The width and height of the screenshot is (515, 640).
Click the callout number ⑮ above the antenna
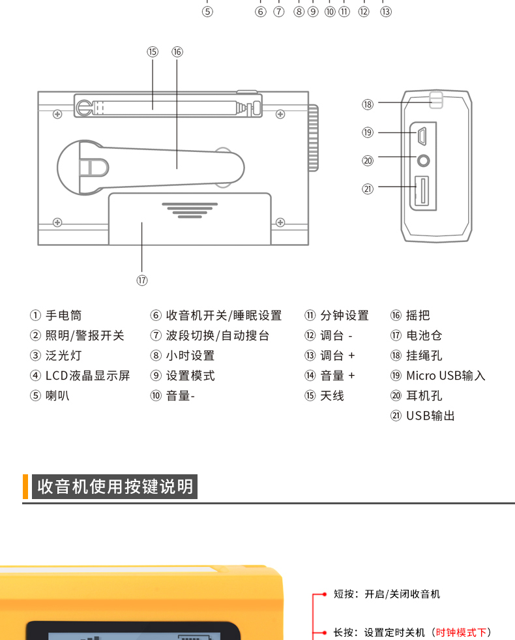pos(153,52)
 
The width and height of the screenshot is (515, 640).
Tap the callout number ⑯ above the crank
pos(177,52)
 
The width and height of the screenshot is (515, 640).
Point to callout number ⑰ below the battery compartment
pos(142,280)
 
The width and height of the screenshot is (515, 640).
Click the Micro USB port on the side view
pos(422,136)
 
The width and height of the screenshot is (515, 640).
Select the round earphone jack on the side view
pos(424,159)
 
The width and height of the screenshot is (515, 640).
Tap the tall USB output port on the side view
pos(422,191)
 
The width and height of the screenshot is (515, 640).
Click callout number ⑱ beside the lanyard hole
pos(368,104)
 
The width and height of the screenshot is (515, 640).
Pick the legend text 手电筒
pos(63,316)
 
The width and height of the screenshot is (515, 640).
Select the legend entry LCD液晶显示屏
pos(87,376)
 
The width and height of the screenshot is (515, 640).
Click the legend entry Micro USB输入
pos(445,376)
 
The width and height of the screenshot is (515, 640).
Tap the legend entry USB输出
pos(430,416)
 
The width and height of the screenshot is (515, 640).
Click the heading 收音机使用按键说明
pos(115,487)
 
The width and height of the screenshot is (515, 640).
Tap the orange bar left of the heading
pos(25,487)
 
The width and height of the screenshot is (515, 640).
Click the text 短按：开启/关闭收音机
pos(387,594)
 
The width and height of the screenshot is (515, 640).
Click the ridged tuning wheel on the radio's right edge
pos(314,138)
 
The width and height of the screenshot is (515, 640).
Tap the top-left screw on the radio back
pos(57,114)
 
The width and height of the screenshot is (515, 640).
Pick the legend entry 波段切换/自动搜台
pos(217,335)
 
